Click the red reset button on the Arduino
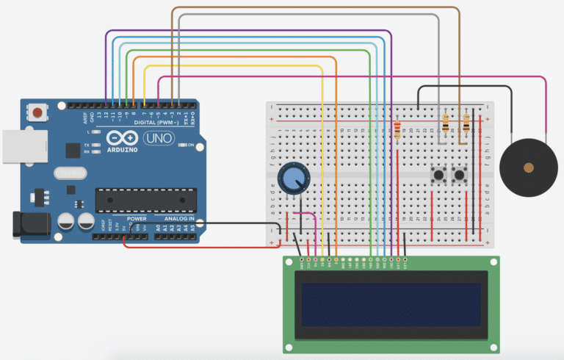click(35, 113)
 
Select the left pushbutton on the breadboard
click(439, 175)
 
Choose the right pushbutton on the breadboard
click(461, 175)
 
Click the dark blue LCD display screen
click(391, 303)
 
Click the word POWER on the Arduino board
click(137, 219)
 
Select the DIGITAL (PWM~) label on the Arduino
click(161, 122)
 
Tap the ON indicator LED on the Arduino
click(181, 145)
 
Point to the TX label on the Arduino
click(87, 145)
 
